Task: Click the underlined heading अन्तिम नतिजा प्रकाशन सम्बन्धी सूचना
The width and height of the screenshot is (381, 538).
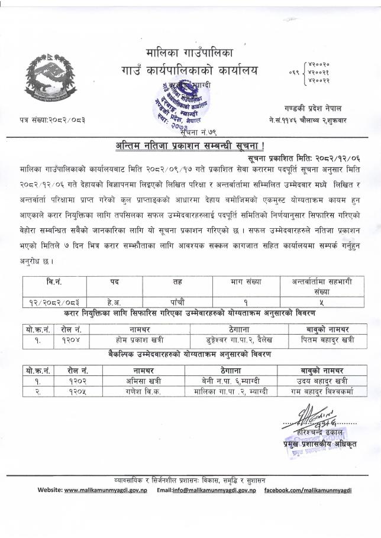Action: (x=190, y=146)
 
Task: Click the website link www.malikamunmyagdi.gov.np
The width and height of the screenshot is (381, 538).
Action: (x=106, y=490)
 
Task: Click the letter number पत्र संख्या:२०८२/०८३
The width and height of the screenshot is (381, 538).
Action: (x=52, y=120)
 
